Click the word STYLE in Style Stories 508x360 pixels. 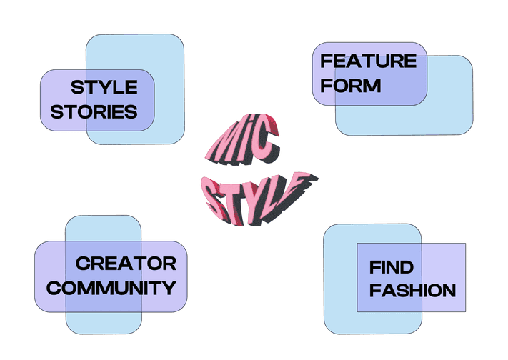tap(104, 88)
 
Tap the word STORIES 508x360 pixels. tap(94, 112)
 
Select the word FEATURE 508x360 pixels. tap(368, 61)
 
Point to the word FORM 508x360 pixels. tap(351, 86)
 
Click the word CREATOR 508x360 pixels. tap(126, 264)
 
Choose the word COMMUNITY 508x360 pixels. tap(106, 288)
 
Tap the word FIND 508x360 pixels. tap(391, 268)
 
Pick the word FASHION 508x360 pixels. tap(412, 291)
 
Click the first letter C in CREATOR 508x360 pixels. tap(82, 264)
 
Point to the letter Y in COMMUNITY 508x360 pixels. tap(169, 288)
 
